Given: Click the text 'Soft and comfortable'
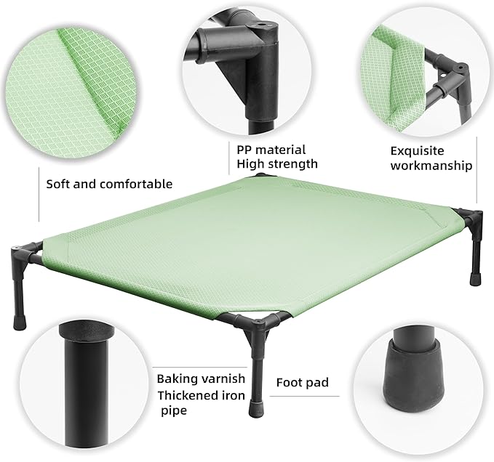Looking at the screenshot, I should point(109,184).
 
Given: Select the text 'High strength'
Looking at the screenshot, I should point(276,164).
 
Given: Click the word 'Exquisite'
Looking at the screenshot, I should point(418,151).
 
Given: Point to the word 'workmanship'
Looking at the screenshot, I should point(431,166).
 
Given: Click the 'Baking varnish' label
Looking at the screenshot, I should point(201,378).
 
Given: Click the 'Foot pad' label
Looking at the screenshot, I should point(302,381).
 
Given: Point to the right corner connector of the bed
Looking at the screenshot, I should point(470,221).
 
